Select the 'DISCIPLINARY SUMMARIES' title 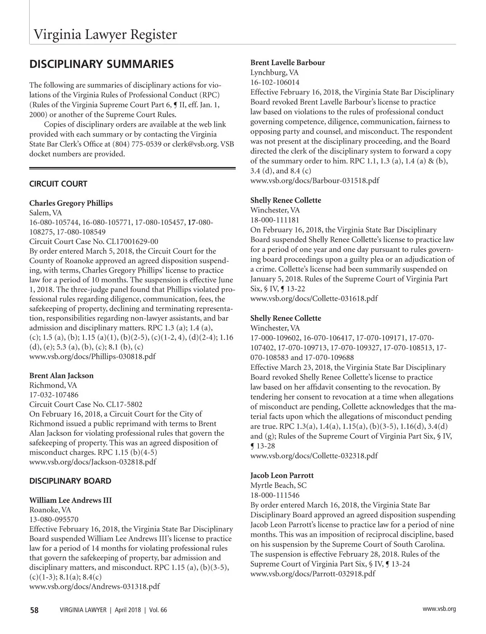point(102,64)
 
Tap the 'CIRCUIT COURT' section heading point(58,184)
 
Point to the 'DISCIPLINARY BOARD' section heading point(70,481)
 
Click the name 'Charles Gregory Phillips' point(71,203)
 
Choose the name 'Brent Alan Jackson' point(62,376)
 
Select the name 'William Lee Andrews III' point(70,500)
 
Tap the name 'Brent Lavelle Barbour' point(288,63)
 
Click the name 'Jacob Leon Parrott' point(282,475)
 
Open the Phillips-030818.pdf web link point(93,357)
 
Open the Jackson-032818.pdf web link point(93,462)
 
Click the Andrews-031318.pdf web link point(94,587)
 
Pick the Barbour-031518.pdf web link point(315,180)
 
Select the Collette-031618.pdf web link point(314,298)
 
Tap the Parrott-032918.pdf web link point(313,574)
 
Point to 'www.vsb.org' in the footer point(439,609)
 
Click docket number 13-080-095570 point(54,520)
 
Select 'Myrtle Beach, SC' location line point(279,485)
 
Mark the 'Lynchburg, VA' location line point(275,73)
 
